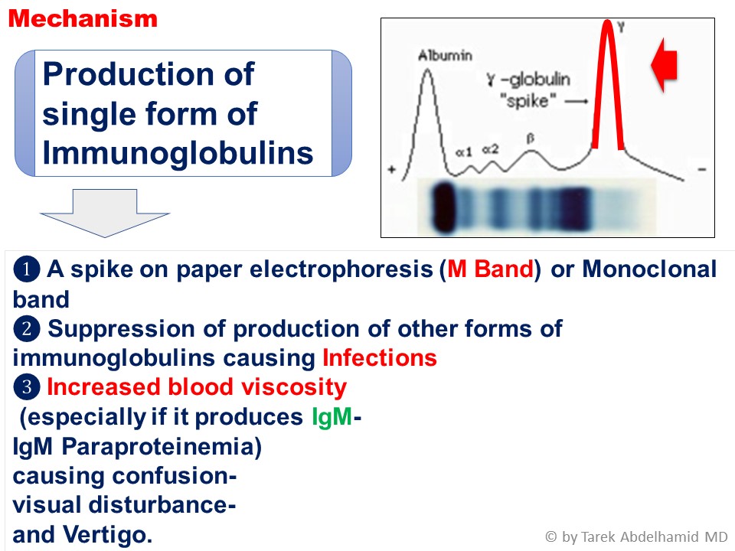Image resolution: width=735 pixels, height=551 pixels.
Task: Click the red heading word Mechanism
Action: tap(83, 18)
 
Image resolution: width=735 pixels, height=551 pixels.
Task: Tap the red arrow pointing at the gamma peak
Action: tap(665, 64)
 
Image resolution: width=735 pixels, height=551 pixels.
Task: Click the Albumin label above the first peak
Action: tap(445, 56)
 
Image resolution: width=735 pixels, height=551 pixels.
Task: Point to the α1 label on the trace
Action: tap(464, 152)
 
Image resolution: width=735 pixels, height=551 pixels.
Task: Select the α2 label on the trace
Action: tap(490, 149)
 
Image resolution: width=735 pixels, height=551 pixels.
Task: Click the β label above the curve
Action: tap(530, 139)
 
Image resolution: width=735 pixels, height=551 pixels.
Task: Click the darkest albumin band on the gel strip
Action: tap(443, 207)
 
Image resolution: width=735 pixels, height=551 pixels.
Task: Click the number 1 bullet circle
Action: tap(26, 269)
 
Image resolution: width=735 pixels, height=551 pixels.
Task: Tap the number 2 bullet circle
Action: tap(26, 328)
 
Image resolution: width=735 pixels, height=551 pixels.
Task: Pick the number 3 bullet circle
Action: tap(26, 387)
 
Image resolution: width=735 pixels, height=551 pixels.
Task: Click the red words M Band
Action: tap(490, 269)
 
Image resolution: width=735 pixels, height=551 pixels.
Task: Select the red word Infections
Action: tap(380, 358)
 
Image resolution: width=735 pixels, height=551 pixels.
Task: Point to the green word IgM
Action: tap(332, 416)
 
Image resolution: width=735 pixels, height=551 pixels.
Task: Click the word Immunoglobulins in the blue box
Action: tap(178, 153)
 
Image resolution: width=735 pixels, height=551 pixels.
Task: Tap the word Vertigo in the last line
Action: tap(107, 535)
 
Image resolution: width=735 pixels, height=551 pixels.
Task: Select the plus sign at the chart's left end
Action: tap(392, 170)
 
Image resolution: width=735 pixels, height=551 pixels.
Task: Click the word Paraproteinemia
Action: tap(162, 446)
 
